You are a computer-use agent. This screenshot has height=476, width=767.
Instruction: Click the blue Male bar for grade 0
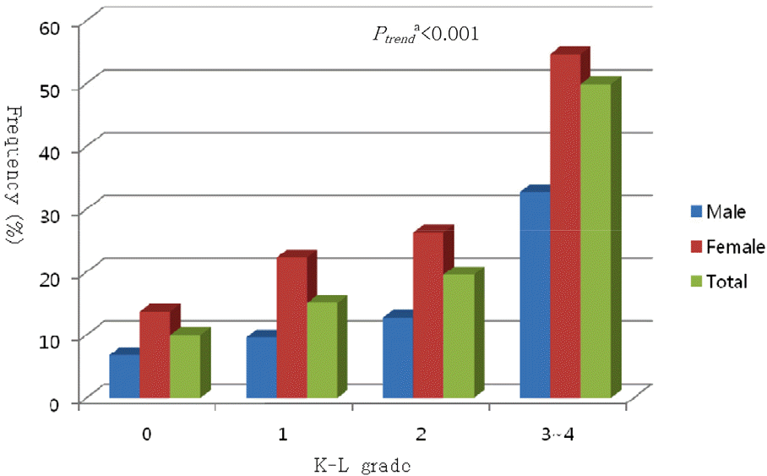pos(124,376)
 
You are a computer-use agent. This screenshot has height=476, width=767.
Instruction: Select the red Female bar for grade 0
pos(155,355)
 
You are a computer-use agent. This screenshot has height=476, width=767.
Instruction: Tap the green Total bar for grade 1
pos(322,350)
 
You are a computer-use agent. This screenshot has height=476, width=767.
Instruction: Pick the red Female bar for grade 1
pos(291,327)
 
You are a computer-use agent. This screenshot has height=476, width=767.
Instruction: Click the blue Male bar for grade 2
pos(398,358)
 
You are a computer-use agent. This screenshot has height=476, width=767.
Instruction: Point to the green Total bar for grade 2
pos(459,336)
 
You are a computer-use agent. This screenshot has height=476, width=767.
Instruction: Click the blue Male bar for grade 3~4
pos(535,295)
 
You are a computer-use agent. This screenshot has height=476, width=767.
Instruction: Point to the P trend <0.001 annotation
pos(427,36)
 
